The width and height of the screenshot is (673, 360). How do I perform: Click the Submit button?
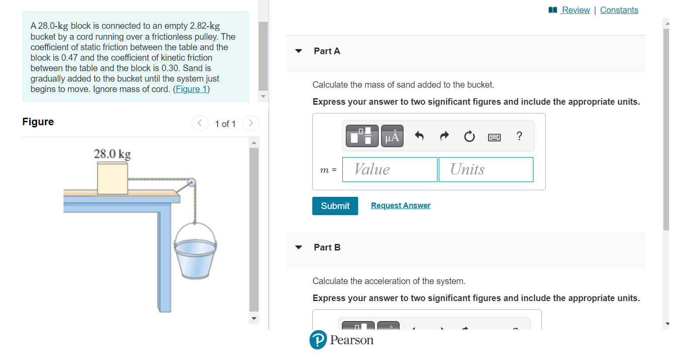coord(335,206)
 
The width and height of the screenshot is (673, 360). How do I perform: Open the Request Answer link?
coord(400,206)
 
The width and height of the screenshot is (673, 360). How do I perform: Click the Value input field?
coord(389,169)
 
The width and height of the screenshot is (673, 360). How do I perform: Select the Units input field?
coord(486,169)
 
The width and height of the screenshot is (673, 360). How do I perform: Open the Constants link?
coord(619,10)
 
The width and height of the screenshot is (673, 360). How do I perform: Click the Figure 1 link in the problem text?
coord(191,89)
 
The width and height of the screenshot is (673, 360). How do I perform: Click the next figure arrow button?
coord(251,123)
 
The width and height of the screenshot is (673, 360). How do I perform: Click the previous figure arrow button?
coord(200,123)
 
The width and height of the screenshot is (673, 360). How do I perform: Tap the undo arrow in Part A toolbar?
coord(419,136)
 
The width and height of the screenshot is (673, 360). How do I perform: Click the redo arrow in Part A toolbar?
coord(444,136)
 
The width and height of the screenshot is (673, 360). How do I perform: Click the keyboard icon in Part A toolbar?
coord(494,137)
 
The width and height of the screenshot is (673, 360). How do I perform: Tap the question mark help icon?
coord(519,136)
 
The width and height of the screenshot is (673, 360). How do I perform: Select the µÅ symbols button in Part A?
coord(392,136)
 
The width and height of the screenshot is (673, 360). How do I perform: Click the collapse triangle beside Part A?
coord(299,51)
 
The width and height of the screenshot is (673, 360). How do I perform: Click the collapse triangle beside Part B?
coord(299,247)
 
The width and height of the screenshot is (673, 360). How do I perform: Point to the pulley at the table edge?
coord(191,182)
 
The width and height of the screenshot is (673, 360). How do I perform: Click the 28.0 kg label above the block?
coord(113,154)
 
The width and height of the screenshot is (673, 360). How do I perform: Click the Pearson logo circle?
coord(318,340)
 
